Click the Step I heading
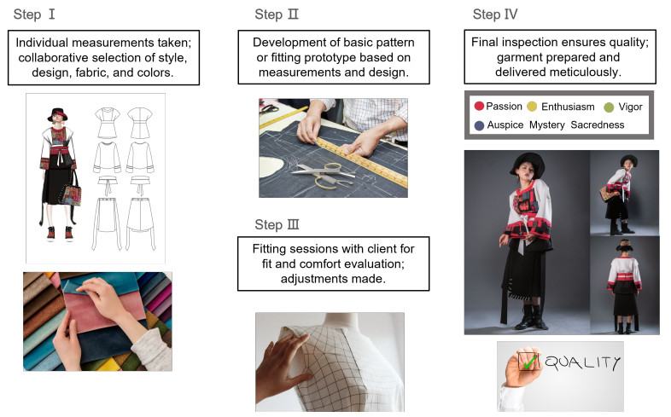click(34, 14)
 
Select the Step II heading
click(277, 14)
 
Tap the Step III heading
click(277, 225)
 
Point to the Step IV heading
click(495, 14)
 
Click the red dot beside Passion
click(479, 106)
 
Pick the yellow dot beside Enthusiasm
click(532, 107)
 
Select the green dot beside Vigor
click(609, 107)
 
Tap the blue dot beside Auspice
click(479, 125)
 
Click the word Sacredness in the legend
click(598, 125)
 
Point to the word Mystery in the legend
click(547, 125)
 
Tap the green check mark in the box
click(530, 362)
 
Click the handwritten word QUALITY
click(582, 363)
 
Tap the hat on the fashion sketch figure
click(57, 114)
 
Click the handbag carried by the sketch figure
click(72, 194)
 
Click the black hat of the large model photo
click(527, 164)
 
